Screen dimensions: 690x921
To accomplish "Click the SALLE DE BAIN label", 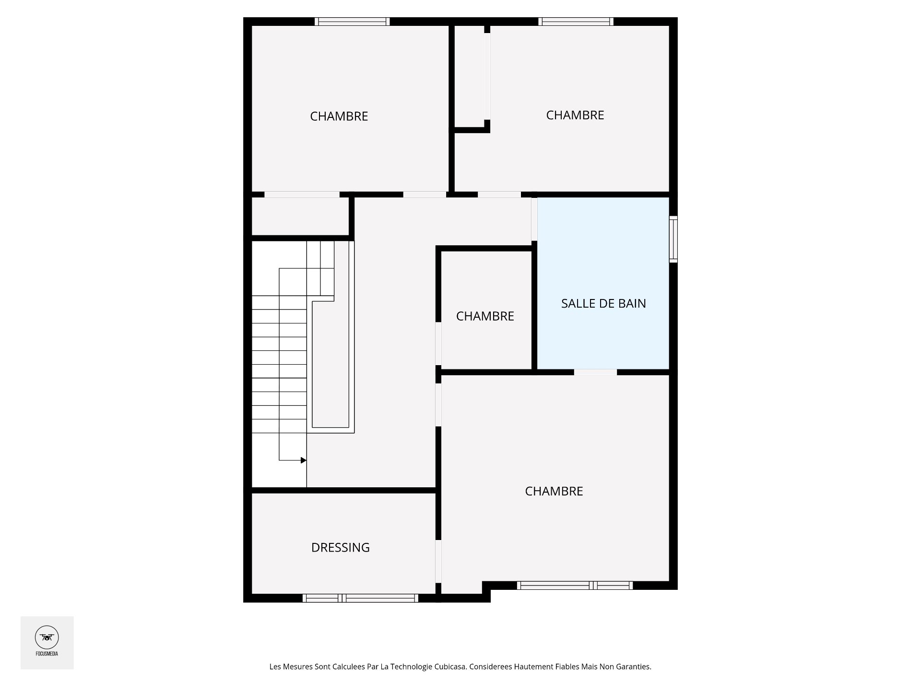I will coord(603,303).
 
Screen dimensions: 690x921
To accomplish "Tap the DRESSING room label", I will coord(340,547).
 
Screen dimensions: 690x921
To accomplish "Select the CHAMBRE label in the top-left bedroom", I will coord(339,116).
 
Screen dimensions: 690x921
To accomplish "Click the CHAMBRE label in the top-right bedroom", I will coord(575,115).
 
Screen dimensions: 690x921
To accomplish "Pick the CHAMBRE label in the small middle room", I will coord(485,316).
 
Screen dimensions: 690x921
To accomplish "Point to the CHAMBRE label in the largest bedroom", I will coord(554,491).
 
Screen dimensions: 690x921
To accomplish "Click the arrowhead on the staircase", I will coord(303,460).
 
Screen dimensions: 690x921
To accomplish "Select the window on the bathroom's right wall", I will coord(673,239).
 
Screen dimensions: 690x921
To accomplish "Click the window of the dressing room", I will coord(360,598).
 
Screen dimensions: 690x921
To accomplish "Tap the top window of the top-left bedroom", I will coord(352,22).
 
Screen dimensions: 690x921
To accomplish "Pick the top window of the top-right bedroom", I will coord(576,22).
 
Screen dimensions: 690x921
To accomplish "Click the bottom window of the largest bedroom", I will coord(575,585).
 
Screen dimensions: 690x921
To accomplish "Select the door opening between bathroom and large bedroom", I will coord(595,372).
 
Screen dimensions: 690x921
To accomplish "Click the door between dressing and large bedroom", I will coord(438,561).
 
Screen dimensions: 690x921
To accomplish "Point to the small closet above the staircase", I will coord(300,217).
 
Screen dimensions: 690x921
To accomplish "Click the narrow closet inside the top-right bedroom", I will coord(470,77).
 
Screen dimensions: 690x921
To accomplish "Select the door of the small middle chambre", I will coord(438,344).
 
